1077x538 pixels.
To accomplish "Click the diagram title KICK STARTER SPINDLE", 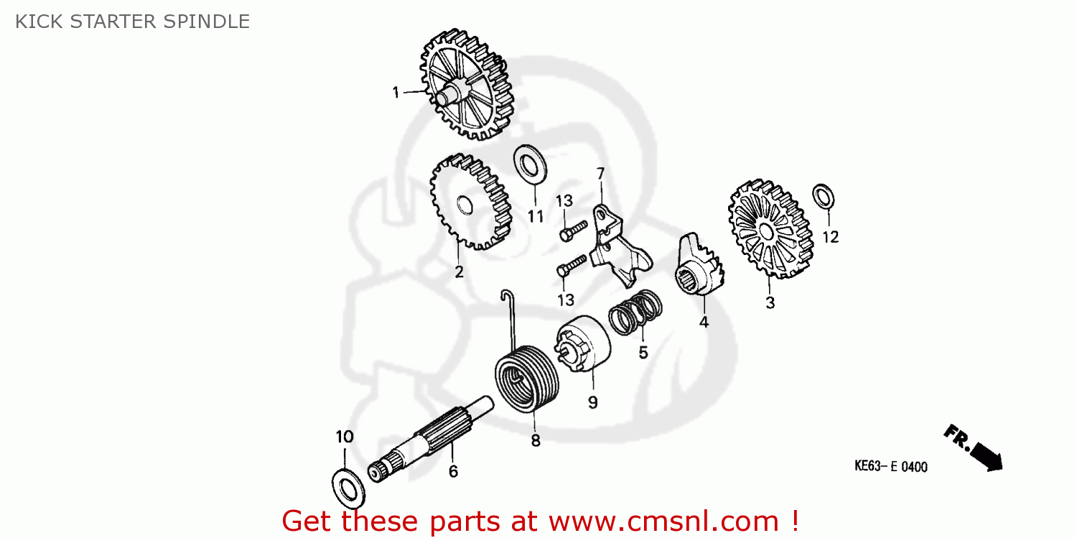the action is [x=132, y=22].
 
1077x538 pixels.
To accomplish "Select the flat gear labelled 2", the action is [x=470, y=201].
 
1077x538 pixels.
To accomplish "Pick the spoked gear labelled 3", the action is [x=770, y=229].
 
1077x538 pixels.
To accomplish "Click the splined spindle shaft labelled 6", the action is [x=430, y=438].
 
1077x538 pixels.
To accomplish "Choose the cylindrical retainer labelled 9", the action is [x=583, y=343].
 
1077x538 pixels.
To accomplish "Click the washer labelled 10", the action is [x=348, y=488].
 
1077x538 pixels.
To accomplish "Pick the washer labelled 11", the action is [x=530, y=164].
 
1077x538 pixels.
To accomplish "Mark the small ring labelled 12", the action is [x=823, y=197].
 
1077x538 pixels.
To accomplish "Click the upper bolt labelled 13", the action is [x=573, y=231].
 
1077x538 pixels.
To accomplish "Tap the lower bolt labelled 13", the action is [x=572, y=266].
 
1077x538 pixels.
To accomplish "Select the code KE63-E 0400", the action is [x=890, y=466].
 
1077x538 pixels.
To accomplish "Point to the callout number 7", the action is [x=600, y=174].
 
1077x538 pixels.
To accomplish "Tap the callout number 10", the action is [x=344, y=437].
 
